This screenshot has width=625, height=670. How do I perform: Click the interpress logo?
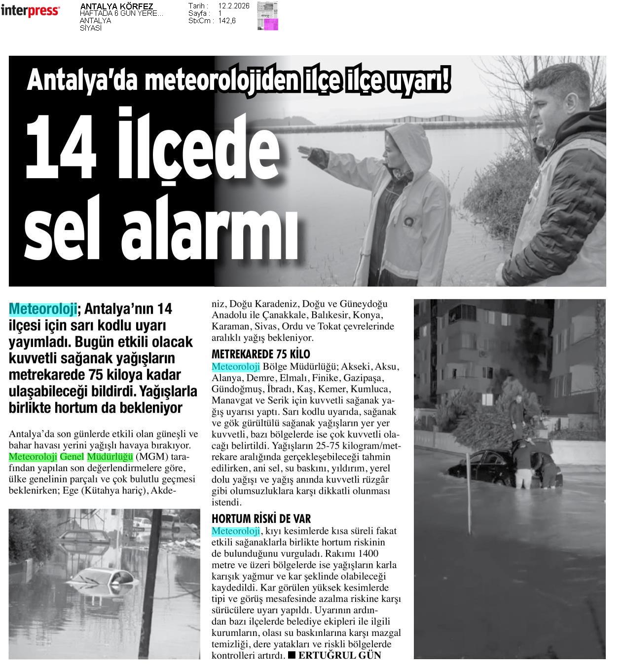click(30, 11)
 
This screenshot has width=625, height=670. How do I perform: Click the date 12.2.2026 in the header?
click(233, 6)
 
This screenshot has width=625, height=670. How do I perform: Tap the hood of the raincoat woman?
click(410, 143)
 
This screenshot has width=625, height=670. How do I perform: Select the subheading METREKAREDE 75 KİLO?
click(260, 354)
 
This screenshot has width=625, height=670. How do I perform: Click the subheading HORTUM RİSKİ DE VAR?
click(261, 518)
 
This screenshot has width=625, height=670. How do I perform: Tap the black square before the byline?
click(292, 655)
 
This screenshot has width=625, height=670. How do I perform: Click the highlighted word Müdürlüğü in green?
click(110, 456)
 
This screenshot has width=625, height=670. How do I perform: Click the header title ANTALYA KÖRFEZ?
click(116, 6)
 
